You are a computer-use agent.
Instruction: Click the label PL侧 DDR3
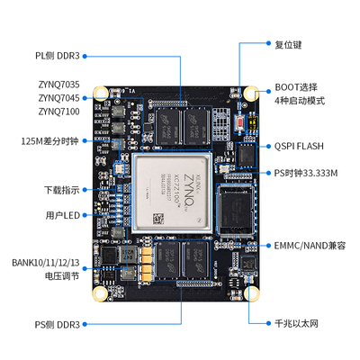coord(59,55)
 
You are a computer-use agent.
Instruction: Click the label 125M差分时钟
coord(52,141)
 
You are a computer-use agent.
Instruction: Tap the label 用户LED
coord(62,216)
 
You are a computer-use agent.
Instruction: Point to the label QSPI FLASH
coord(301,145)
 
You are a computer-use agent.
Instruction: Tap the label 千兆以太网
coord(297,321)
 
